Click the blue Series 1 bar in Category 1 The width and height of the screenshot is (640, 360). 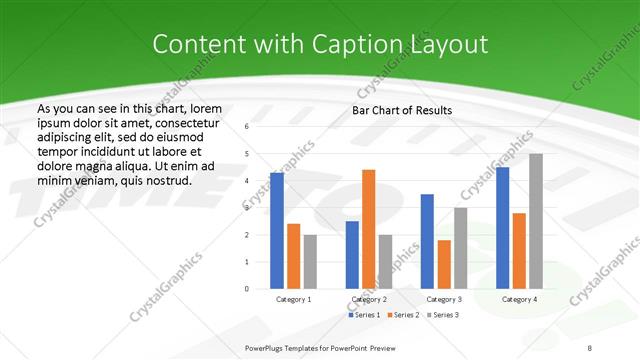277,231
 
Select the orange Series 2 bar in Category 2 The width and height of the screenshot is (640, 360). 369,229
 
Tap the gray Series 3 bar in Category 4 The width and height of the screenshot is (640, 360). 536,221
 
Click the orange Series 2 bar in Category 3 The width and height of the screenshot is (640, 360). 444,264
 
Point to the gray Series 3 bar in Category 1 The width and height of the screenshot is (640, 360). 310,261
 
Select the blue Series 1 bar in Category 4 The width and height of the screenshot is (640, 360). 503,227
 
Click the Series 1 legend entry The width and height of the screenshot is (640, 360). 363,315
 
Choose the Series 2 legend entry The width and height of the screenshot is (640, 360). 401,315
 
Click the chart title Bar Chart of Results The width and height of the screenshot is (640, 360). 402,110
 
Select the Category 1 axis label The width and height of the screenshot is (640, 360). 294,299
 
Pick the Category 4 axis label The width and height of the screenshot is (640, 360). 519,299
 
